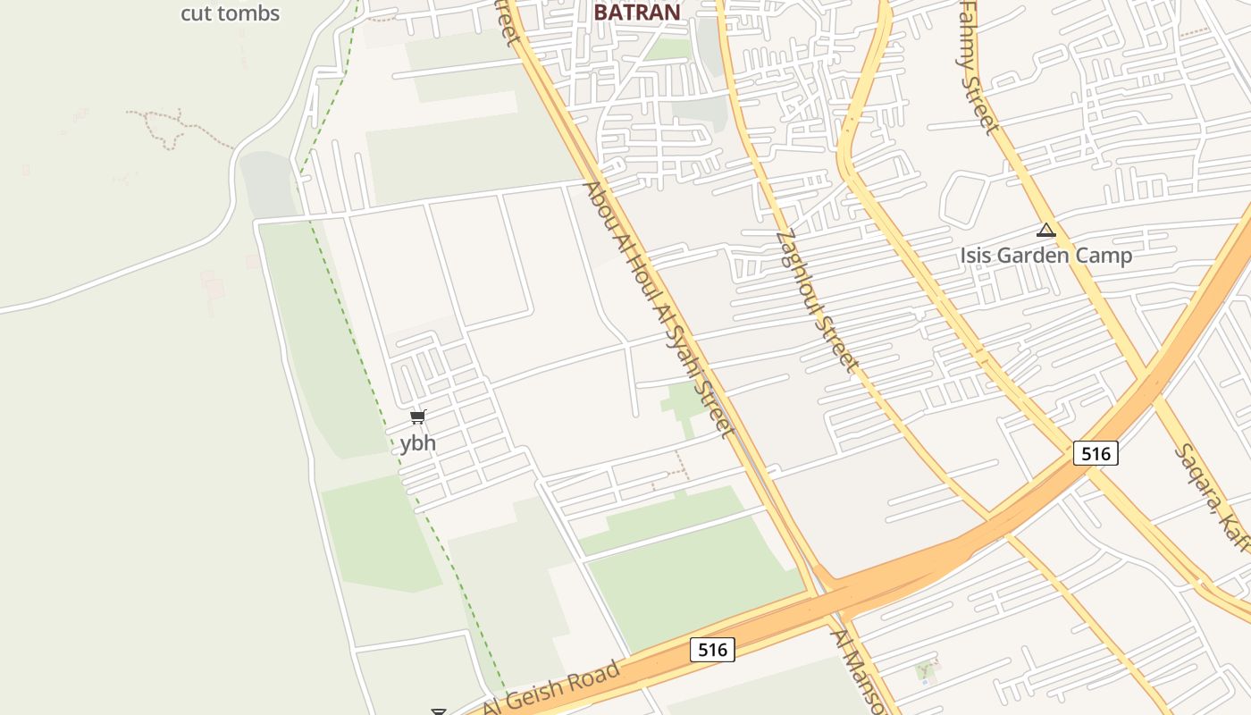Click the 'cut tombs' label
point(230,13)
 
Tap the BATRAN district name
point(637,12)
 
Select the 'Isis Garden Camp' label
point(1045,256)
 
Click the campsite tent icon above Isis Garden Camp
point(1046,231)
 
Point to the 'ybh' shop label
point(417,442)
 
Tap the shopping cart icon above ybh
point(418,416)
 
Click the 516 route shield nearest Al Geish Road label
point(712,650)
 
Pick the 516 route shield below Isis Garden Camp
point(1096,453)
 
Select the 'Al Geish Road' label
point(551,689)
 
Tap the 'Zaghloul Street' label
point(817,301)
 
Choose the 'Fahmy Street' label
point(978,67)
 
